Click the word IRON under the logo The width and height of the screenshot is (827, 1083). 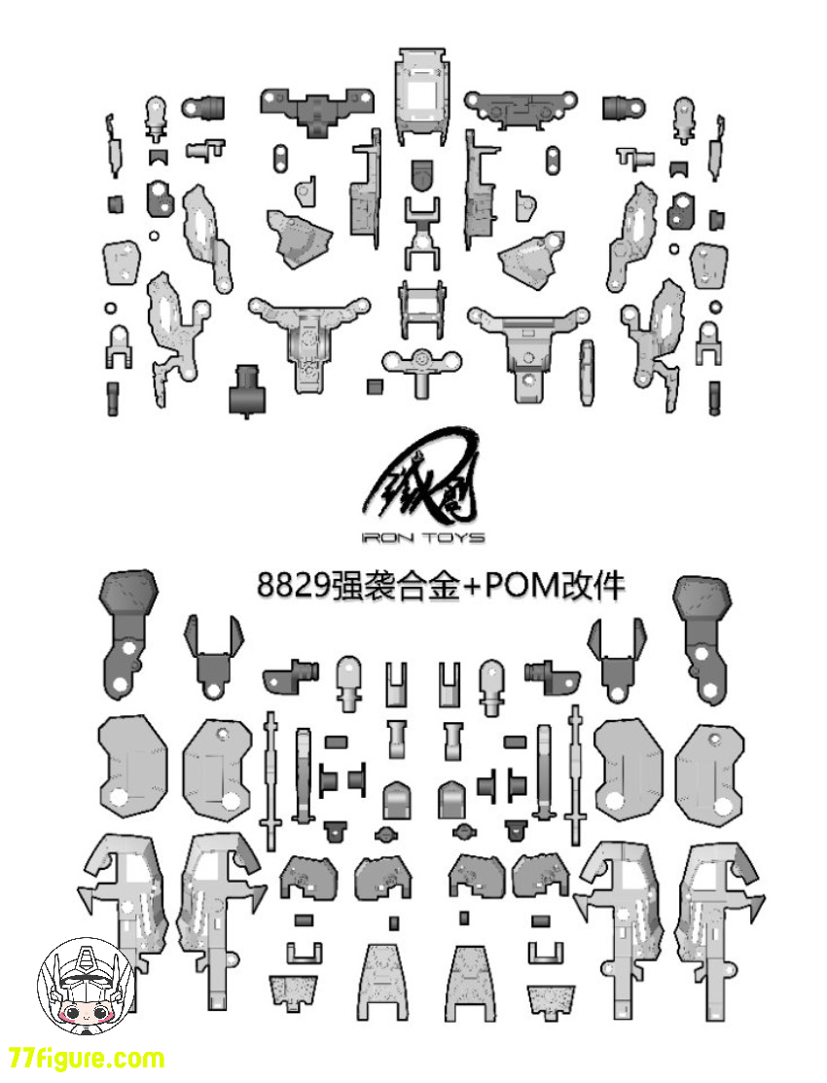point(384,537)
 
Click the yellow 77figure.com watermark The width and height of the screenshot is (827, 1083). point(87,1059)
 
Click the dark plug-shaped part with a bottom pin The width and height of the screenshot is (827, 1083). point(247,389)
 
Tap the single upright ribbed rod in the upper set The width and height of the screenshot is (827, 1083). point(587,373)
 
